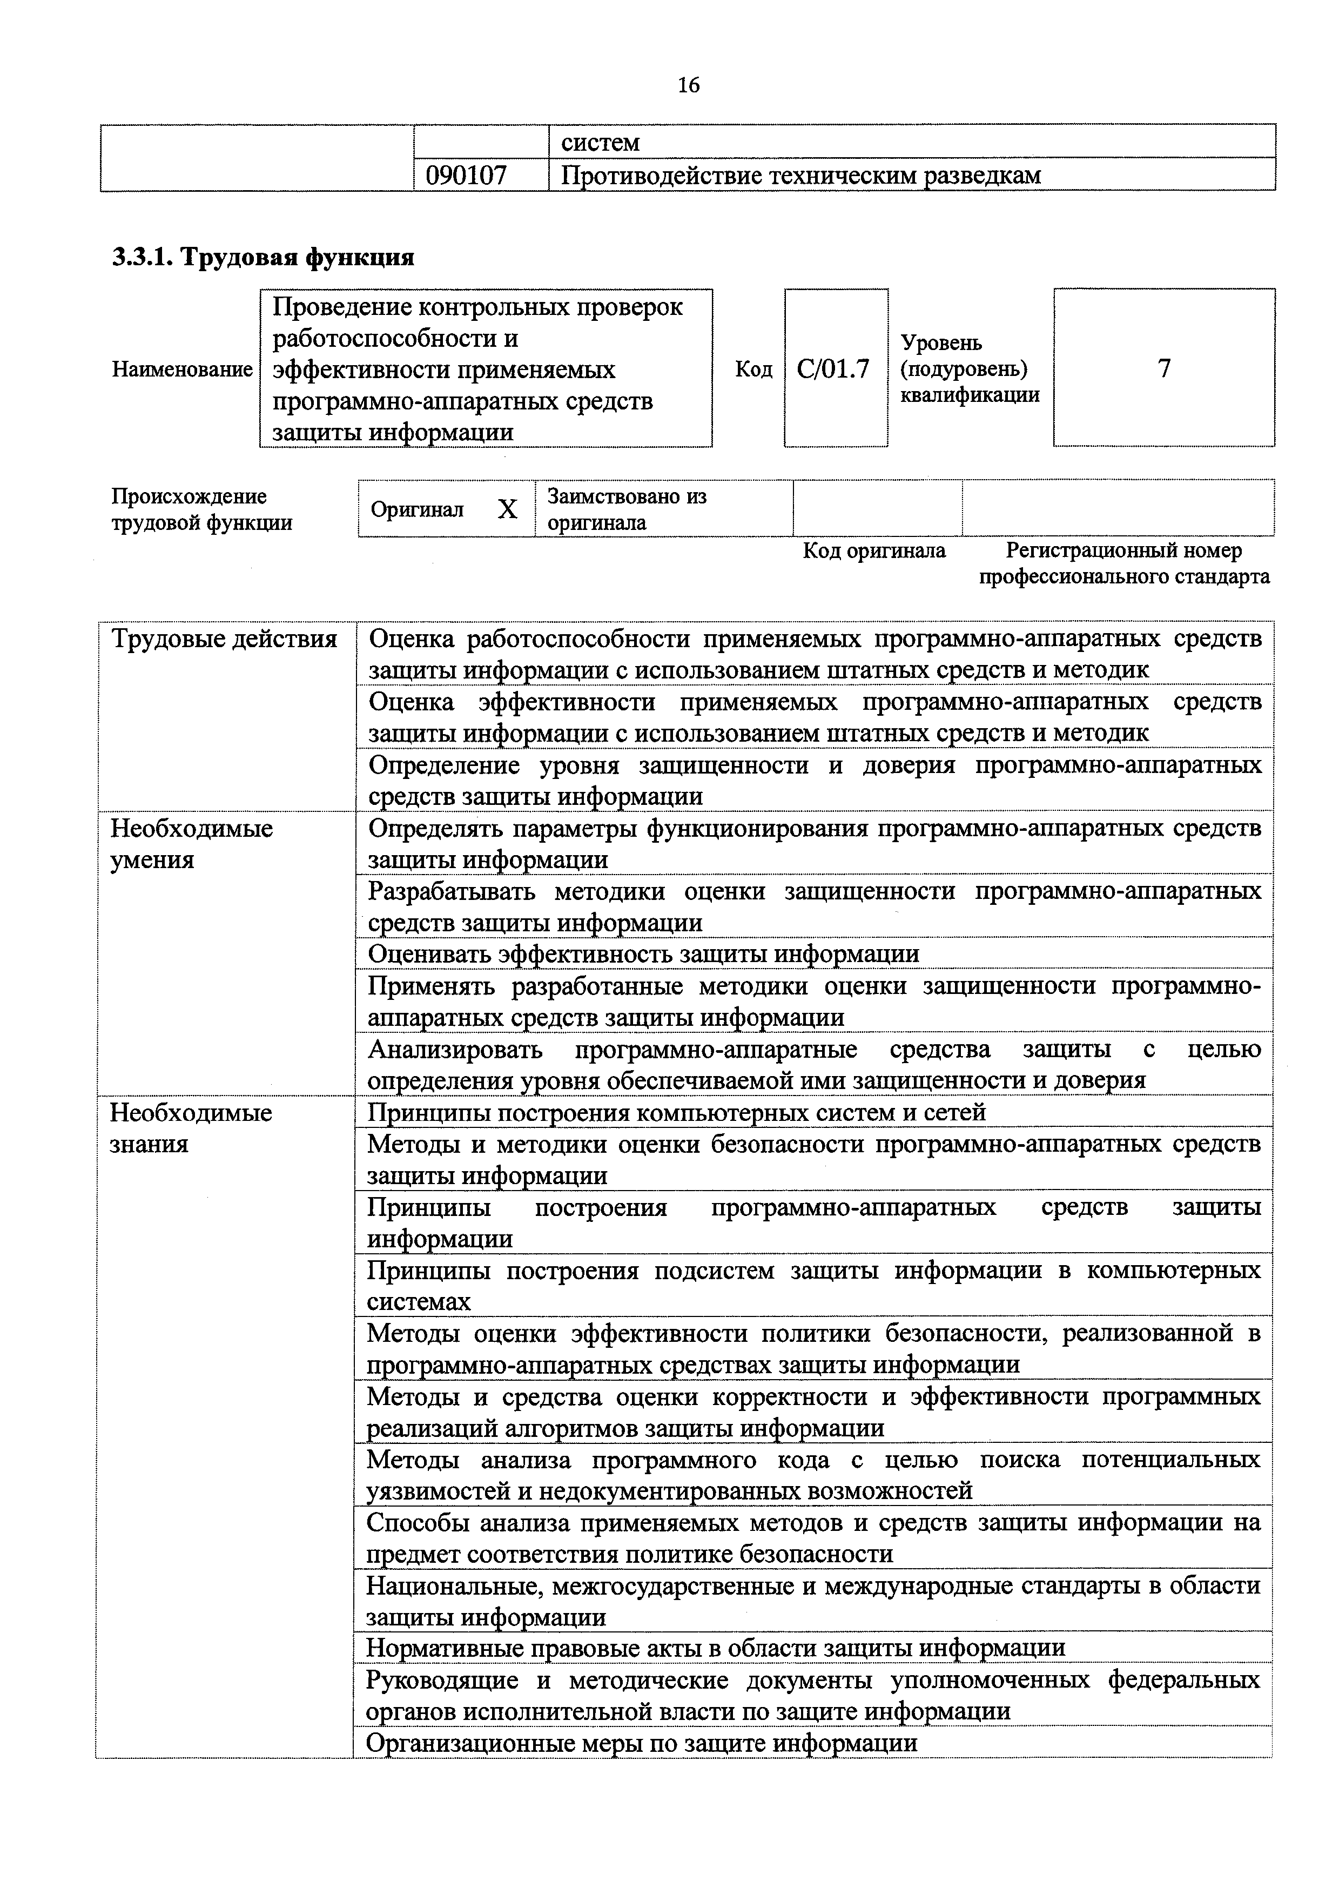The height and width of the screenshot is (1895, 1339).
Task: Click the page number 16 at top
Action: pos(688,85)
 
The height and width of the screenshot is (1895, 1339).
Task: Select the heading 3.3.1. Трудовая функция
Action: pos(263,258)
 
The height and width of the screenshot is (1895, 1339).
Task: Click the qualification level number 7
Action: pos(1163,368)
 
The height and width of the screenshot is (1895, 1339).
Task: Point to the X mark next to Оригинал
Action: pos(507,509)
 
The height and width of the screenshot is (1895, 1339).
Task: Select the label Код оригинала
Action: pos(874,550)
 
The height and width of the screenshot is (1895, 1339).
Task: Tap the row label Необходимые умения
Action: pos(191,843)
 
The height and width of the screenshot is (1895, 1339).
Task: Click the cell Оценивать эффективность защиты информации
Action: pos(643,954)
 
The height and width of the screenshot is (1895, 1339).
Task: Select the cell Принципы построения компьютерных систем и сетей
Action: pos(676,1113)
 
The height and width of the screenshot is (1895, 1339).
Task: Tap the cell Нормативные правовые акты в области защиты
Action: pos(715,1648)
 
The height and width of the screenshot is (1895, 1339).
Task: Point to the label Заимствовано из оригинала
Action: pos(627,509)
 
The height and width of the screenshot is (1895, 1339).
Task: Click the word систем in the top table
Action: pos(600,143)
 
